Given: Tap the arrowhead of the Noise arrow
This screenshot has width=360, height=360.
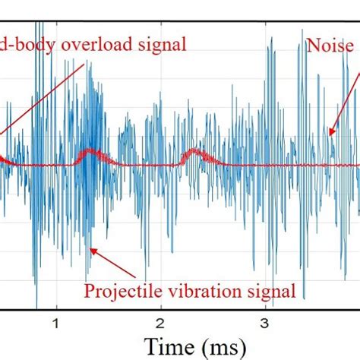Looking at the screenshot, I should click(x=332, y=136).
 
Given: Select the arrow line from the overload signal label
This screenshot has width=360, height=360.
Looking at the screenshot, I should click(x=46, y=106).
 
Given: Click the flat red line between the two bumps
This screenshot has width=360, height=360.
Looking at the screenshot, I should click(x=144, y=165).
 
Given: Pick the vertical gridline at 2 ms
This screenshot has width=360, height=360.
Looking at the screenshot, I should click(x=160, y=228).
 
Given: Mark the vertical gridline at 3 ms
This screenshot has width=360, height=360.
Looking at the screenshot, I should click(x=264, y=228).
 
